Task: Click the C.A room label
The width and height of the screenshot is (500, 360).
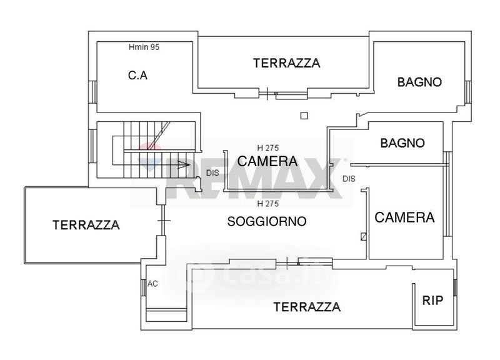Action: [x=137, y=75]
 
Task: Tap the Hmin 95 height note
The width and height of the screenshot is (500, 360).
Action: [x=144, y=47]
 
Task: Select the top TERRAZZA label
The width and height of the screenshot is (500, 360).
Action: [x=287, y=63]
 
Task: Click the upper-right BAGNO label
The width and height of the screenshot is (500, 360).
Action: [x=419, y=82]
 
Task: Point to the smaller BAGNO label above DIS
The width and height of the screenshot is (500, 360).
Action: [x=402, y=143]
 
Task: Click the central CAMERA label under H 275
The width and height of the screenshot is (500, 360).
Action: [x=267, y=161]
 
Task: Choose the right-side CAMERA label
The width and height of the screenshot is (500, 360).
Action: [x=404, y=217]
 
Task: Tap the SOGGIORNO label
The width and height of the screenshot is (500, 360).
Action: [x=267, y=221]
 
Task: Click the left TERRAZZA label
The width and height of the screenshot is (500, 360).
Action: [x=86, y=225]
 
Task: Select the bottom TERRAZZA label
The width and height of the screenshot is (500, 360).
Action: [x=307, y=307]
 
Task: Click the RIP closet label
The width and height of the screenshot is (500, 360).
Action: [x=432, y=300]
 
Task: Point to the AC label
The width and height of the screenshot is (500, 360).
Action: [x=152, y=284]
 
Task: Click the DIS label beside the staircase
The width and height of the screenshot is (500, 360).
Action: [x=212, y=173]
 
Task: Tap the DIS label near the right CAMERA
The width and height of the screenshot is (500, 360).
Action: [x=349, y=179]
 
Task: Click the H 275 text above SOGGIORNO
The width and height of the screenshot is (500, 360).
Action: [x=268, y=203]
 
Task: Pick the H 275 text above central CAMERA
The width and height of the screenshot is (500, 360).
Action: [x=268, y=148]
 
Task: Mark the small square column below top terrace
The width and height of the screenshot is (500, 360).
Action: [x=304, y=116]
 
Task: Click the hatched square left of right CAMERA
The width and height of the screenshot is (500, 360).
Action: [x=363, y=236]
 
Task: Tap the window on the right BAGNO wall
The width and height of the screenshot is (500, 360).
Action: [x=467, y=92]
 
